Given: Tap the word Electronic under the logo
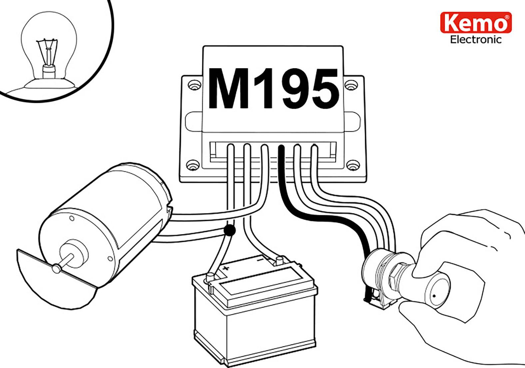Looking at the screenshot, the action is [x=476, y=40].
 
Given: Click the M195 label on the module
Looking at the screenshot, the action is [x=273, y=89].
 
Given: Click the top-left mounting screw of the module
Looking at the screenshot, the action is [x=193, y=86].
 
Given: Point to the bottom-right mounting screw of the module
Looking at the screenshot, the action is [x=352, y=165].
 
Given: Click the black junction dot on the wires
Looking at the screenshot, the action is [x=229, y=230].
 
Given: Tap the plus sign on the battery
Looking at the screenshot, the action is [x=226, y=268].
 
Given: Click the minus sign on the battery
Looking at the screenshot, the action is [x=260, y=259].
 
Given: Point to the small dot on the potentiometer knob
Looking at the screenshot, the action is [x=434, y=295].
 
